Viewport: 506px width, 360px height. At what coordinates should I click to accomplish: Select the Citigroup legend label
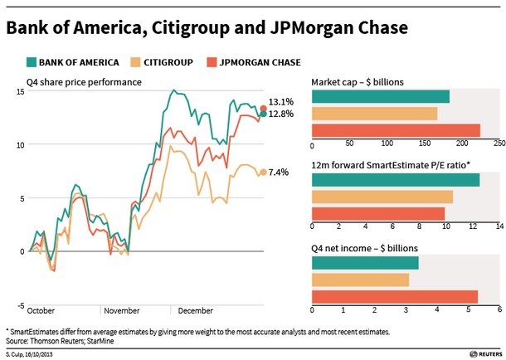(173, 61)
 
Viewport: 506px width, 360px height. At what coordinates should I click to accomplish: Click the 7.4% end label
(280, 173)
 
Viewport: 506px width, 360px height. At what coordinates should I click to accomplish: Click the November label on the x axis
(122, 310)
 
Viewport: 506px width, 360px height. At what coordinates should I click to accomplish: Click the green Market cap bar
(381, 96)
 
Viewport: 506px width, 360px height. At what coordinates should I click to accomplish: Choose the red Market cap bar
(396, 129)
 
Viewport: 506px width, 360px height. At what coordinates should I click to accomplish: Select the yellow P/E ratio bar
(382, 197)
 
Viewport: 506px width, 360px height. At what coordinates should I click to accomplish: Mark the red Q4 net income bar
(395, 297)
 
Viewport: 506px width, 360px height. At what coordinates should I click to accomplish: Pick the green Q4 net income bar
(365, 264)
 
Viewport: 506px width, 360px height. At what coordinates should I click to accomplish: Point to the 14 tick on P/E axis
(499, 226)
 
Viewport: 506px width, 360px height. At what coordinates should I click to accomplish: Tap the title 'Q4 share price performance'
(84, 81)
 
